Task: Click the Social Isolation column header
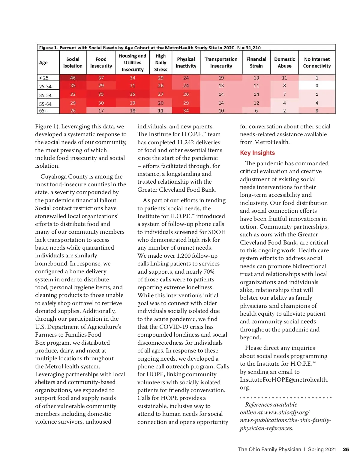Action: point(73,62)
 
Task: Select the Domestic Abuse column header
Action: point(284,62)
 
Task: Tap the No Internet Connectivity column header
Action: point(317,62)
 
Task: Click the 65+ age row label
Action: point(43,111)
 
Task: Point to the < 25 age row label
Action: point(44,78)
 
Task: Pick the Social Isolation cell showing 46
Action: point(73,78)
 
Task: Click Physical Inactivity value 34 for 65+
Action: point(186,111)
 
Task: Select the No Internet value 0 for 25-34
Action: point(317,86)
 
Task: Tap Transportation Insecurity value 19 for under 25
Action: point(221,78)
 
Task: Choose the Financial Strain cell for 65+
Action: point(256,111)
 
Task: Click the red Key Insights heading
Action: point(257,153)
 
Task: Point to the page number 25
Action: point(346,449)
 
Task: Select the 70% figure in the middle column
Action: point(209,272)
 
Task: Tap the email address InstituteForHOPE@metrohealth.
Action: point(284,380)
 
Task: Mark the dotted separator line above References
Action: point(285,397)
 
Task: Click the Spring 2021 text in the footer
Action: point(322,449)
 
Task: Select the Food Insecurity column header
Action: point(101,62)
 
